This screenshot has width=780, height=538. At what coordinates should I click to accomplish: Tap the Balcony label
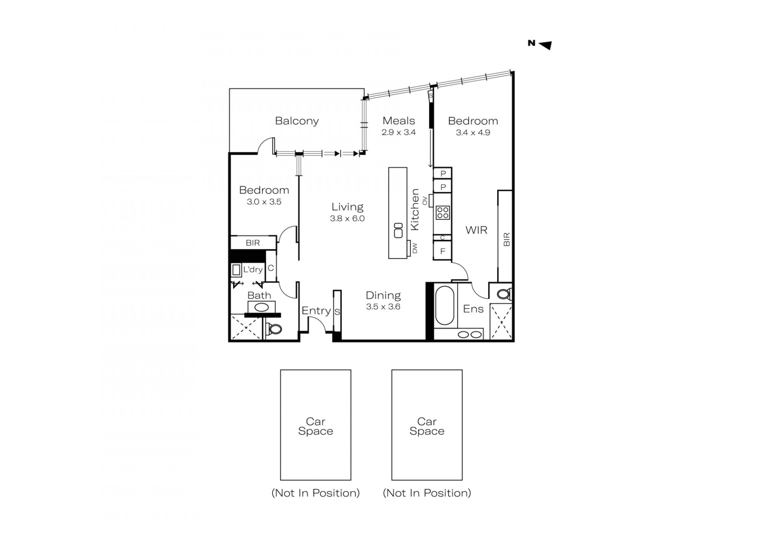tap(297, 121)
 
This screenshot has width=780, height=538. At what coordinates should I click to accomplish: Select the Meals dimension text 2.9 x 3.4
tap(399, 132)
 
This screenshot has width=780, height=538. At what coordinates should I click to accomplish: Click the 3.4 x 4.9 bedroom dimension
tap(473, 132)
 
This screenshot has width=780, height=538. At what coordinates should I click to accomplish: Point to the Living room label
tap(347, 207)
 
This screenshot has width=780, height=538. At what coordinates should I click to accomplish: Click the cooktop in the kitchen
tap(443, 212)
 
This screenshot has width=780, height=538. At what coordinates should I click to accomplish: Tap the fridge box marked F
tap(443, 251)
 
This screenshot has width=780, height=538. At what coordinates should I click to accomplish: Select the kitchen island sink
tap(398, 231)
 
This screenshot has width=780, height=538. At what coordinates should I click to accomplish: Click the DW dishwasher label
tap(415, 248)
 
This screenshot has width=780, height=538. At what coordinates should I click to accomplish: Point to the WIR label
tap(476, 230)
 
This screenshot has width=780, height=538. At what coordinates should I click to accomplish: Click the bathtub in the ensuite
tap(444, 306)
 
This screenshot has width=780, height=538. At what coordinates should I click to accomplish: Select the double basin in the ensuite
tap(470, 335)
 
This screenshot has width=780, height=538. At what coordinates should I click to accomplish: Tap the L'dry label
tap(253, 270)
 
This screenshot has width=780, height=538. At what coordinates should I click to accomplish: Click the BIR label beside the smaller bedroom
tap(253, 243)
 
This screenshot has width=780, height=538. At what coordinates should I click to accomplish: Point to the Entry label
tap(316, 311)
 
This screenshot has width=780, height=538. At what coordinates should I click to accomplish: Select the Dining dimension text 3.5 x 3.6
tap(383, 307)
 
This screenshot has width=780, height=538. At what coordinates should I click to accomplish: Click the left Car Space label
tap(316, 426)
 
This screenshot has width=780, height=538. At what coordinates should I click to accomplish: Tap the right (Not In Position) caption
tap(427, 493)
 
